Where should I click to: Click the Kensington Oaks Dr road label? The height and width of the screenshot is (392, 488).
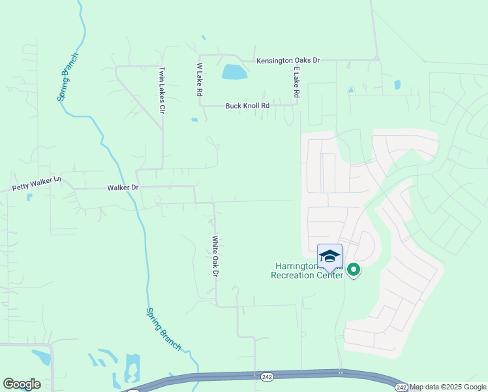[x=288, y=60]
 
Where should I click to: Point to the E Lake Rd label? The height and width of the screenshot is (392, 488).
[x=296, y=82]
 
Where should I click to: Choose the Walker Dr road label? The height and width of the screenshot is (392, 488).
[x=123, y=188]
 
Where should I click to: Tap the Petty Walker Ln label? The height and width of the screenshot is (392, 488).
[x=37, y=182]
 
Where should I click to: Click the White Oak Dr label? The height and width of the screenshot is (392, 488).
[x=213, y=256]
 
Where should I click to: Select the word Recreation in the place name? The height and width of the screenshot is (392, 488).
[x=298, y=275]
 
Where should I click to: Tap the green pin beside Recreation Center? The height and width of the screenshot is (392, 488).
[x=354, y=269]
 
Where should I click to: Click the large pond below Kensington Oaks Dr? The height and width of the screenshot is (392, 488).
[x=234, y=72]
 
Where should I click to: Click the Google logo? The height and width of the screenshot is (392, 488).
[x=22, y=384]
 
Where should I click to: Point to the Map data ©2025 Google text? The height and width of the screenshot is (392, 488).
[x=448, y=387]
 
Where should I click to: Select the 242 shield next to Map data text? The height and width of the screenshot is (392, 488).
[x=401, y=387]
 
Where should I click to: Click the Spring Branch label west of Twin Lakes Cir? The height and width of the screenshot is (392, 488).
[x=67, y=76]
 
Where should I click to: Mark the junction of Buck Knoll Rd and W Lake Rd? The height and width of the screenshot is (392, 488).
[x=200, y=105]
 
